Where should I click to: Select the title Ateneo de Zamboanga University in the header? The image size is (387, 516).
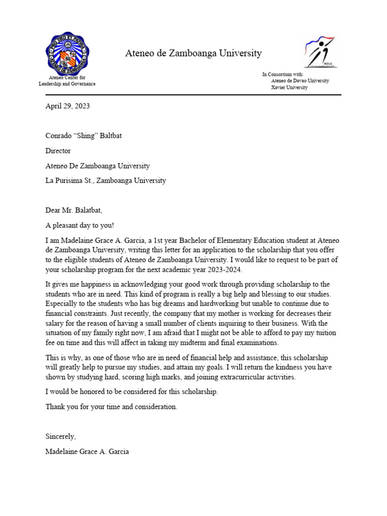click(193, 53)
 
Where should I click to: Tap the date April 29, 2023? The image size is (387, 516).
click(68, 106)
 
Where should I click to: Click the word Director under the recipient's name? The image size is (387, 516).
click(58, 151)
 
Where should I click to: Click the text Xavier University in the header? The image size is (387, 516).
click(289, 88)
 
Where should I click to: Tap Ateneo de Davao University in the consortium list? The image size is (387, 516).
click(300, 81)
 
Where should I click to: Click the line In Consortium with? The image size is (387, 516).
click(283, 74)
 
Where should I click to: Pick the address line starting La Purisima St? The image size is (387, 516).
click(105, 180)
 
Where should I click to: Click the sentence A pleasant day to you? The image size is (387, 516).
click(83, 225)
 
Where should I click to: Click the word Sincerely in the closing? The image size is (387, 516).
click(61, 436)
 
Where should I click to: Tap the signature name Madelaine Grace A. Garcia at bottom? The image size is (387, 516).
click(87, 451)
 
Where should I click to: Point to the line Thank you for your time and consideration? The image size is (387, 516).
click(111, 407)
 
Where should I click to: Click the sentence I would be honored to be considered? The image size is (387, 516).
click(132, 392)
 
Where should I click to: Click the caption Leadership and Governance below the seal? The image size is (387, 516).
click(67, 84)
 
